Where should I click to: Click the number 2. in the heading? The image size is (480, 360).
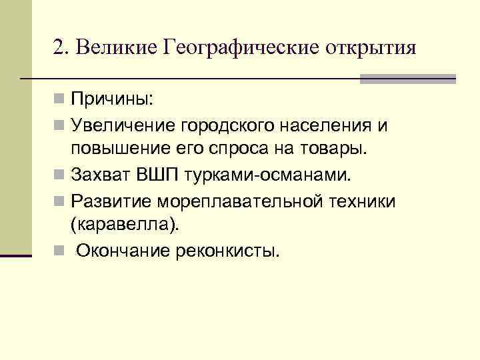[x=61, y=48]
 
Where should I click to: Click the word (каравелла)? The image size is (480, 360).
[x=125, y=225]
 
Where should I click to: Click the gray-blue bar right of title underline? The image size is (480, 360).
[x=407, y=79]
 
